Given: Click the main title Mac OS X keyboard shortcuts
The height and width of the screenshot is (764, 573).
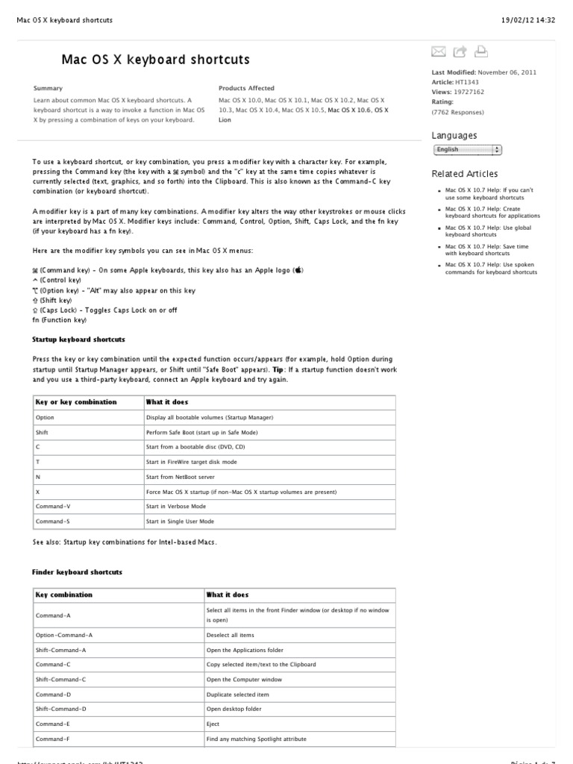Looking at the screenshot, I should tap(155, 59).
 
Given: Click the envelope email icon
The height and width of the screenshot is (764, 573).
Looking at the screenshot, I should tap(439, 51).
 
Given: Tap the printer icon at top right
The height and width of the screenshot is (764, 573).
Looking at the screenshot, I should tap(481, 51).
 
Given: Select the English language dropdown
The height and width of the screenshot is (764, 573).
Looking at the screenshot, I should tap(467, 150).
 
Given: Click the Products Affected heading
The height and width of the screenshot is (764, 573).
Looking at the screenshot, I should tap(246, 88).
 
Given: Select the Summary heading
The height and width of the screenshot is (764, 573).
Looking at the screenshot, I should tap(48, 88).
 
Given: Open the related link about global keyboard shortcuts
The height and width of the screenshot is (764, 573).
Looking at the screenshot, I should tap(488, 231).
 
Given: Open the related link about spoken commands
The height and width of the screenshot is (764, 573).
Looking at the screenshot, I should tap(491, 268).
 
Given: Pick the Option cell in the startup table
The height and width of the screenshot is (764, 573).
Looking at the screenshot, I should tap(45, 418).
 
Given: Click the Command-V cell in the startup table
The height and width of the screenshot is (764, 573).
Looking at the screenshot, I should tap(52, 507).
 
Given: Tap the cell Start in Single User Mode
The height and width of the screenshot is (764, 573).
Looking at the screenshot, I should tap(180, 522).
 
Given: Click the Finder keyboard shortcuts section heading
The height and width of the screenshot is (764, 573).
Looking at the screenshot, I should tap(77, 572).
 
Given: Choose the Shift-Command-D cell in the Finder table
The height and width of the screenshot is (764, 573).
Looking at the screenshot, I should tap(60, 709).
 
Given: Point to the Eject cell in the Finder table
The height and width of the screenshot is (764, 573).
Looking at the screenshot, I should tap(213, 724).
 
